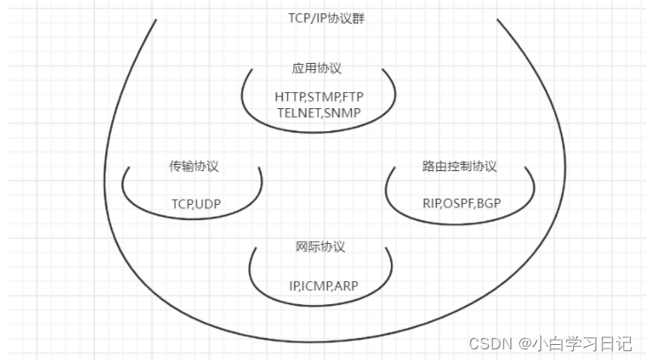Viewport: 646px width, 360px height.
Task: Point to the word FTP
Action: (354, 96)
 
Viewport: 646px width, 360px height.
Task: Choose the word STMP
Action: (324, 96)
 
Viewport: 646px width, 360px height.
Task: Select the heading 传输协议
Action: (194, 166)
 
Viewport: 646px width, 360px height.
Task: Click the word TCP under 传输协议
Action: (183, 204)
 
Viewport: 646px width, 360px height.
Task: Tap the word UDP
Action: (207, 204)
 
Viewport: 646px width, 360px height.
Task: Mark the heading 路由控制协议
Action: (459, 166)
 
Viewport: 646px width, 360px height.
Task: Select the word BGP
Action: (488, 204)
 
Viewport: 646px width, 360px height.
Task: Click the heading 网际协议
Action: (320, 246)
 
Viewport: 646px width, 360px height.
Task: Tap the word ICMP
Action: (318, 286)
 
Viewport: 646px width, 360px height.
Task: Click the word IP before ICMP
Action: (295, 286)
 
